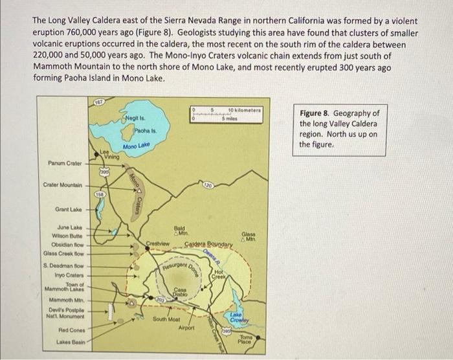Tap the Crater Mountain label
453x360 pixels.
tap(63, 185)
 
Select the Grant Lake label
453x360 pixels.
tap(68, 210)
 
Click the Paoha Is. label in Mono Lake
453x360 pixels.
tap(143, 131)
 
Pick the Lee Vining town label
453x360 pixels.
tap(109, 154)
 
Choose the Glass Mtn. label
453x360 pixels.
tap(249, 237)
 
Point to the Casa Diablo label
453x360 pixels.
tap(181, 291)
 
